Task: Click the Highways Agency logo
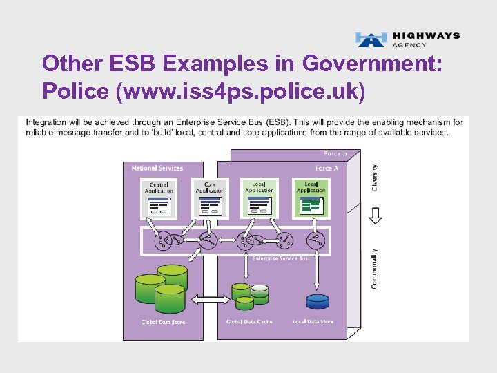click(407, 39)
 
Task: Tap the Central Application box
click(159, 198)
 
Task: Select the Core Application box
click(210, 198)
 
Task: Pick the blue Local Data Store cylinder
click(317, 301)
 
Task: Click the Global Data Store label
click(163, 323)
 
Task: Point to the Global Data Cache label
click(249, 322)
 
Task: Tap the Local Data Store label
click(313, 322)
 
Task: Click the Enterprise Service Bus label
click(280, 258)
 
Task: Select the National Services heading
click(157, 168)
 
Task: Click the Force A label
click(327, 168)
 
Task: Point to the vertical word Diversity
click(374, 178)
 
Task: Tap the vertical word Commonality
click(374, 268)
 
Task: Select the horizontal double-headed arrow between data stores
click(208, 299)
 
